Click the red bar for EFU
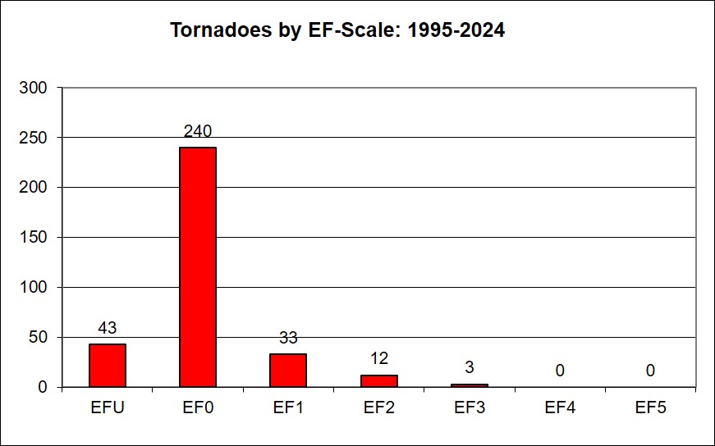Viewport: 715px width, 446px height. pyautogui.click(x=107, y=366)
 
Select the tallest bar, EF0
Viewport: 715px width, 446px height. pyautogui.click(x=197, y=267)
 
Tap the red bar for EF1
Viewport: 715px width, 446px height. pyautogui.click(x=287, y=371)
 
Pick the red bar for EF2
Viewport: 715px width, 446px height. pyautogui.click(x=378, y=381)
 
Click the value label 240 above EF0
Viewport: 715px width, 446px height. pyautogui.click(x=197, y=131)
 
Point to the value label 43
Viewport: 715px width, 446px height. pyautogui.click(x=107, y=328)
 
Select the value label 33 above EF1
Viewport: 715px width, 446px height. pyautogui.click(x=287, y=338)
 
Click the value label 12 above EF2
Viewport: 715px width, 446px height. pyautogui.click(x=378, y=358)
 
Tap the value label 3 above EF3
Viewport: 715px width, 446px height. pyautogui.click(x=469, y=367)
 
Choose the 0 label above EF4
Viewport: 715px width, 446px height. pyautogui.click(x=559, y=371)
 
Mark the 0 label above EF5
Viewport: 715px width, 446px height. pyautogui.click(x=649, y=371)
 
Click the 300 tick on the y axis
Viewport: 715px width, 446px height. pyautogui.click(x=37, y=88)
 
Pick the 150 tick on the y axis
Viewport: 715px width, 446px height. pyautogui.click(x=37, y=238)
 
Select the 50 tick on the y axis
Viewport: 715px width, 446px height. pyautogui.click(x=41, y=337)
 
